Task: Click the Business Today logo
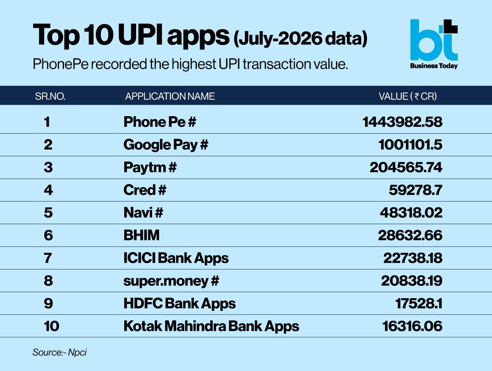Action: pyautogui.click(x=434, y=44)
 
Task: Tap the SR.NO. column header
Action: pyautogui.click(x=50, y=97)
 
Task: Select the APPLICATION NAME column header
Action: pyautogui.click(x=170, y=97)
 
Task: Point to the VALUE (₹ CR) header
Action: pyautogui.click(x=408, y=97)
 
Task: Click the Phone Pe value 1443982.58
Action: pyautogui.click(x=402, y=122)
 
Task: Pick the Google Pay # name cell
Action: pyautogui.click(x=166, y=145)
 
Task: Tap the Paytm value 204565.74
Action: pyautogui.click(x=406, y=167)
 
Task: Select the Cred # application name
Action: pyautogui.click(x=145, y=190)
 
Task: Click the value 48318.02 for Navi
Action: pyautogui.click(x=411, y=213)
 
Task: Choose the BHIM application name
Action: pyautogui.click(x=141, y=235)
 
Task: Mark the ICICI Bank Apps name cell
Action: pyautogui.click(x=176, y=258)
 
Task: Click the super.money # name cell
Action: pyautogui.click(x=171, y=281)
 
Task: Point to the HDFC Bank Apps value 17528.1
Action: pyautogui.click(x=419, y=304)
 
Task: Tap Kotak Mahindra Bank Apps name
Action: pyautogui.click(x=212, y=326)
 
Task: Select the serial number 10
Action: pyautogui.click(x=52, y=326)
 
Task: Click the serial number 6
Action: pyautogui.click(x=48, y=235)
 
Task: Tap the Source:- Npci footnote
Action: pyautogui.click(x=59, y=353)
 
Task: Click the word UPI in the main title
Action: pyautogui.click(x=140, y=35)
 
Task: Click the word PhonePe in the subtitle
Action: pyautogui.click(x=61, y=64)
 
